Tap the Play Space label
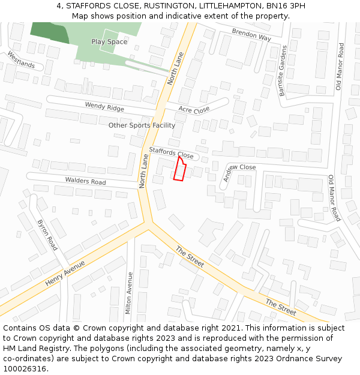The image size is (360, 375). pyautogui.click(x=109, y=42)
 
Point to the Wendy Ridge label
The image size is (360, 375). pyautogui.click(x=104, y=107)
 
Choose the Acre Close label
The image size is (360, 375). pyautogui.click(x=194, y=110)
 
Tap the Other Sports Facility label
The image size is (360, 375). pyautogui.click(x=142, y=125)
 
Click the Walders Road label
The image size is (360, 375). pyautogui.click(x=85, y=180)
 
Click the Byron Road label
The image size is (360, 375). pyautogui.click(x=47, y=235)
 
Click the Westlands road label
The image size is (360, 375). pyautogui.click(x=21, y=59)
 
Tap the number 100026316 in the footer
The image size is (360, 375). pyautogui.click(x=25, y=369)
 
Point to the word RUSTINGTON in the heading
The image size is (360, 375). pyautogui.click(x=167, y=5)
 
